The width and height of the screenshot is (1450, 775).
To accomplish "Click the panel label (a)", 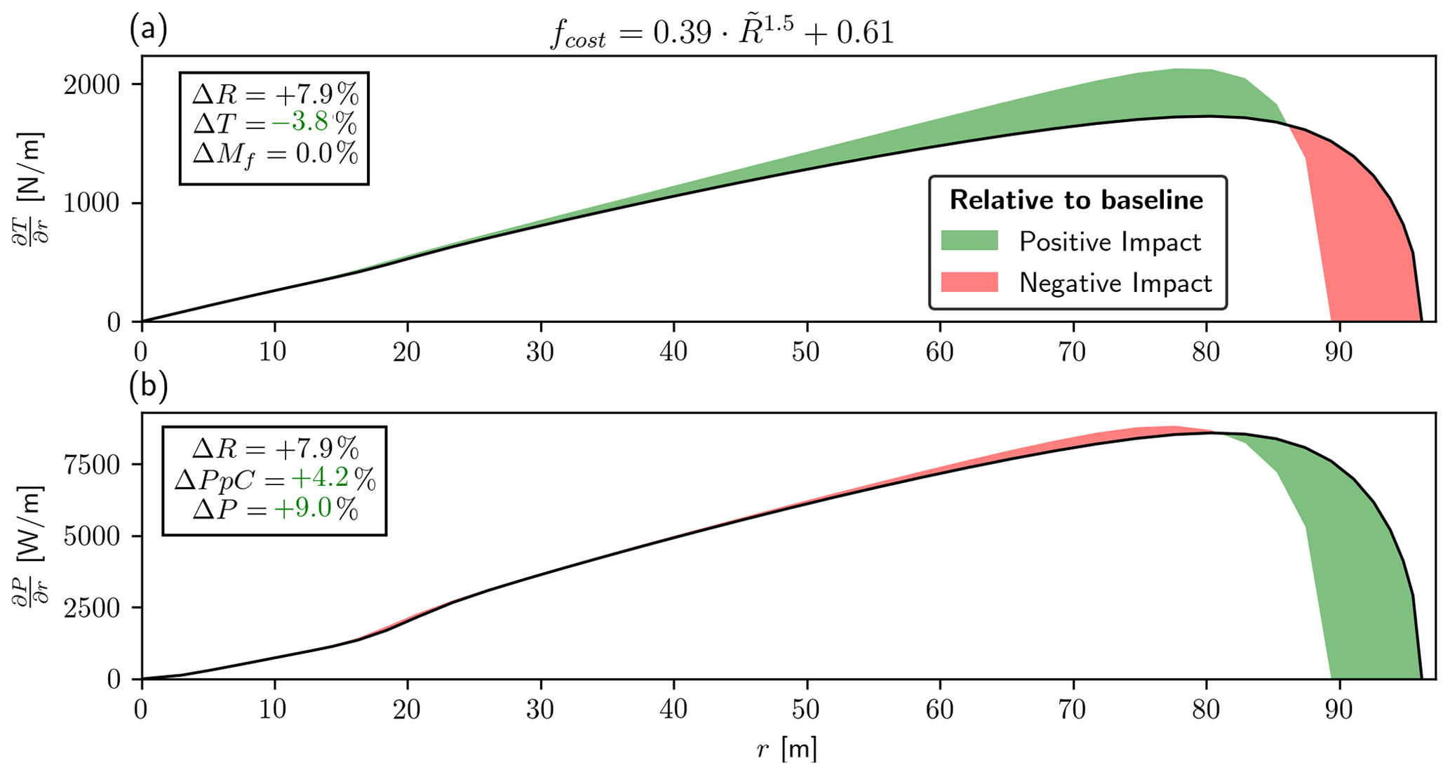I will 148,29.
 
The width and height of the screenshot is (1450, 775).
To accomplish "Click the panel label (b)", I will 148,386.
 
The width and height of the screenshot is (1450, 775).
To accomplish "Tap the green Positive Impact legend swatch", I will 969,241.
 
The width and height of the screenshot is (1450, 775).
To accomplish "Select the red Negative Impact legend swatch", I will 969,282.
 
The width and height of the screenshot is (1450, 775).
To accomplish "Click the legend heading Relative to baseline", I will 1076,200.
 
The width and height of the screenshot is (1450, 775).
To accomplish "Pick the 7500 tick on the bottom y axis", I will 91,465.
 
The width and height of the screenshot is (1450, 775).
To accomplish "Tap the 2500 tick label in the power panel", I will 91,607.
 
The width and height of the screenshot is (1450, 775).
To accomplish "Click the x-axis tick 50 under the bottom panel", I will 807,709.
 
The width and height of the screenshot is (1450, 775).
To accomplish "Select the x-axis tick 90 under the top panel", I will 1338,351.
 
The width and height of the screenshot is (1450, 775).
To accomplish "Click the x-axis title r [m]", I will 787,750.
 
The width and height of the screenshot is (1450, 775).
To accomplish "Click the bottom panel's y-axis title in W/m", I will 29,544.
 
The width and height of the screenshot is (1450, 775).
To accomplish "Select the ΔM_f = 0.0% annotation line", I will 275,153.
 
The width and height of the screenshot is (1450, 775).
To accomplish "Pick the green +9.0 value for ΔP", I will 303,509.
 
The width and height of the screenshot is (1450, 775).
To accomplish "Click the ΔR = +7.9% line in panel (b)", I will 275,447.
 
